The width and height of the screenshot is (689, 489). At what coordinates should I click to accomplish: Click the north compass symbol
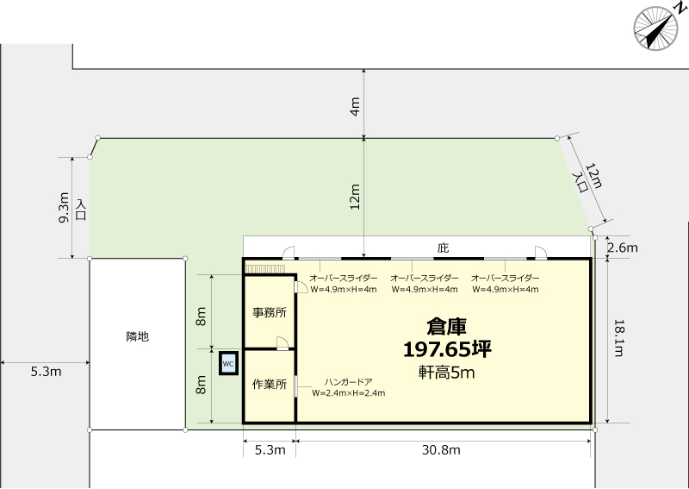(655, 28)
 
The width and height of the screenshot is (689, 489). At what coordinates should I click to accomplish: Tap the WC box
(228, 364)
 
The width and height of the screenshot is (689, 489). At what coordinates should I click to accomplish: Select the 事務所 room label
(270, 312)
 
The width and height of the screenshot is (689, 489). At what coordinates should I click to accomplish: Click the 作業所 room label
(270, 385)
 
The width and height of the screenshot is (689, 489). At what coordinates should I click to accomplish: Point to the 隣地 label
(138, 336)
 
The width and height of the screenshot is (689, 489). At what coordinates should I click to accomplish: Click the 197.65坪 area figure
(447, 349)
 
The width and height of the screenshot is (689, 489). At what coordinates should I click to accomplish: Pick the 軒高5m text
(446, 373)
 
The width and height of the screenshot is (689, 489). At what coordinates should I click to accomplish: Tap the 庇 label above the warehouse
(443, 248)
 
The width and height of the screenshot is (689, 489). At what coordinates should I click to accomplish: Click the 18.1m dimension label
(618, 338)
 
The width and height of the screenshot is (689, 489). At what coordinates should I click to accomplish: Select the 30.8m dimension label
(441, 450)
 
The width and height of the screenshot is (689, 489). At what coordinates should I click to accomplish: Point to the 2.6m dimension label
(622, 248)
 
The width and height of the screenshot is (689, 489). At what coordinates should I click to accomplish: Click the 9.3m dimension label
(64, 207)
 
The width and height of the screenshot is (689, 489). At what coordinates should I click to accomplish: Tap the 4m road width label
(355, 106)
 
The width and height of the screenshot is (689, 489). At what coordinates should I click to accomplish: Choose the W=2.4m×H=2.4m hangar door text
(349, 393)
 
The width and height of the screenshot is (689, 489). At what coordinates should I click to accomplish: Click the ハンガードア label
(349, 382)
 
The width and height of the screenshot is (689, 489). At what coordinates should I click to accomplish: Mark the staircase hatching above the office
(265, 269)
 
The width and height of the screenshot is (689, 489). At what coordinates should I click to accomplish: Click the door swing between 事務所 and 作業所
(282, 343)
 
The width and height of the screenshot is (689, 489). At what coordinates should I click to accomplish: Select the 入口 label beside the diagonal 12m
(580, 182)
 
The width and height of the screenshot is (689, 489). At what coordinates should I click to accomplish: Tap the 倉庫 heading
(446, 327)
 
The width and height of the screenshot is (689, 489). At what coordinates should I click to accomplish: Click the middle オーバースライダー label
(425, 279)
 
